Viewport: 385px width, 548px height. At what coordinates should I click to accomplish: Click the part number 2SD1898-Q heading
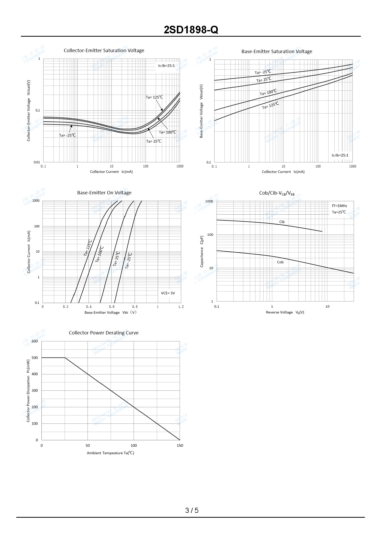point(191,30)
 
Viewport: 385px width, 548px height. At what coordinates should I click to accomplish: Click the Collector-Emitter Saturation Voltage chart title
point(104,50)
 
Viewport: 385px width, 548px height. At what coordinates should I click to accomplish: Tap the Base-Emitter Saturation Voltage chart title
point(277,51)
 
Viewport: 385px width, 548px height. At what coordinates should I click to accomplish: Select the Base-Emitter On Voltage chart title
point(104,193)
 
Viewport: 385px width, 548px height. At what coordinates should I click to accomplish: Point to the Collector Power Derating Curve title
point(104,333)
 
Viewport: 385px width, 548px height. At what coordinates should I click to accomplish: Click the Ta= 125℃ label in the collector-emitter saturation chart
point(154,97)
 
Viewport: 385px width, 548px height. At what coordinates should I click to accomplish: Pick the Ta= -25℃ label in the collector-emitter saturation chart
point(67,135)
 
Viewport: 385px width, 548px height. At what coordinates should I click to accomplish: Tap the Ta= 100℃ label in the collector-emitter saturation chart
point(167,132)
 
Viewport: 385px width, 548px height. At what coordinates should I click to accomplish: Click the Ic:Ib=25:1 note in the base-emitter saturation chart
point(340,155)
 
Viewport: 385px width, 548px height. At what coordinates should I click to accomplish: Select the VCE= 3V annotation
point(168,293)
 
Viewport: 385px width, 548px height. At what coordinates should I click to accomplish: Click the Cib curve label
point(282,222)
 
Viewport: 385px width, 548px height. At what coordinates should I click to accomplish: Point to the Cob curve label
point(280,262)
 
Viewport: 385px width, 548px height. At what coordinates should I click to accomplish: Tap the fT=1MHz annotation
point(339,206)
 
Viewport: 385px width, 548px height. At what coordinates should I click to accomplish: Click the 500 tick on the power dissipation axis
point(35,358)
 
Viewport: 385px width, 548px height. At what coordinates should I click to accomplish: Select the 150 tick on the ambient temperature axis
point(180,445)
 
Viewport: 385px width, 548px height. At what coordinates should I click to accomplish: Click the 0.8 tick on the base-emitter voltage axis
point(135,307)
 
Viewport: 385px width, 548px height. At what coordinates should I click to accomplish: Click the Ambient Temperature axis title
point(110,453)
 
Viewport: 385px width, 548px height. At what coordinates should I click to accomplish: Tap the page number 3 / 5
point(192,510)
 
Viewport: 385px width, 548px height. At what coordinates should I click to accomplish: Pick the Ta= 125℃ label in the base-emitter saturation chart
point(270,105)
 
